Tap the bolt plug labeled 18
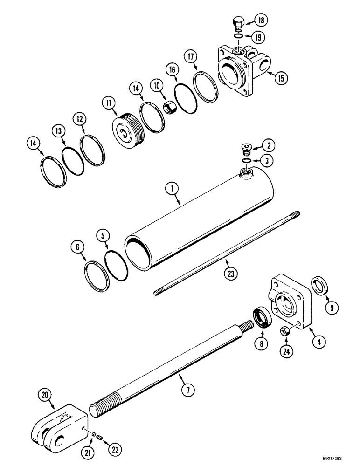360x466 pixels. (238, 23)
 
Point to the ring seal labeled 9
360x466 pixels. (320, 284)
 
